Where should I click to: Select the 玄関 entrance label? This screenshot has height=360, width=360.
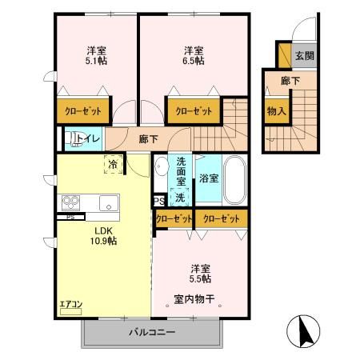pyautogui.click(x=304, y=56)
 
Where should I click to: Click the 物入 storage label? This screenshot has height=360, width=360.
pyautogui.click(x=276, y=111)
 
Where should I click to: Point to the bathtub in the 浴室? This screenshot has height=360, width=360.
pyautogui.click(x=234, y=180)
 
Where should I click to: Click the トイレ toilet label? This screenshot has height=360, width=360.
pyautogui.click(x=89, y=138)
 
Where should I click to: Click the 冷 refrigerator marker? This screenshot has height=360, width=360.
pyautogui.click(x=112, y=164)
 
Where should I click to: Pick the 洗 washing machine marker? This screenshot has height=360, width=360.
pyautogui.click(x=181, y=197)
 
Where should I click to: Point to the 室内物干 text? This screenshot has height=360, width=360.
pyautogui.click(x=196, y=300)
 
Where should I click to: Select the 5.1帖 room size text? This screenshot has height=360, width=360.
pyautogui.click(x=96, y=61)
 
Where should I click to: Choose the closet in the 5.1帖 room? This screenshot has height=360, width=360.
pyautogui.click(x=78, y=111)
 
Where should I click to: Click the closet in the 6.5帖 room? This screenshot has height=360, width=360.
pyautogui.click(x=194, y=111)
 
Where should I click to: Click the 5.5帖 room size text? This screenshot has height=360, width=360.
pyautogui.click(x=200, y=279)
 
